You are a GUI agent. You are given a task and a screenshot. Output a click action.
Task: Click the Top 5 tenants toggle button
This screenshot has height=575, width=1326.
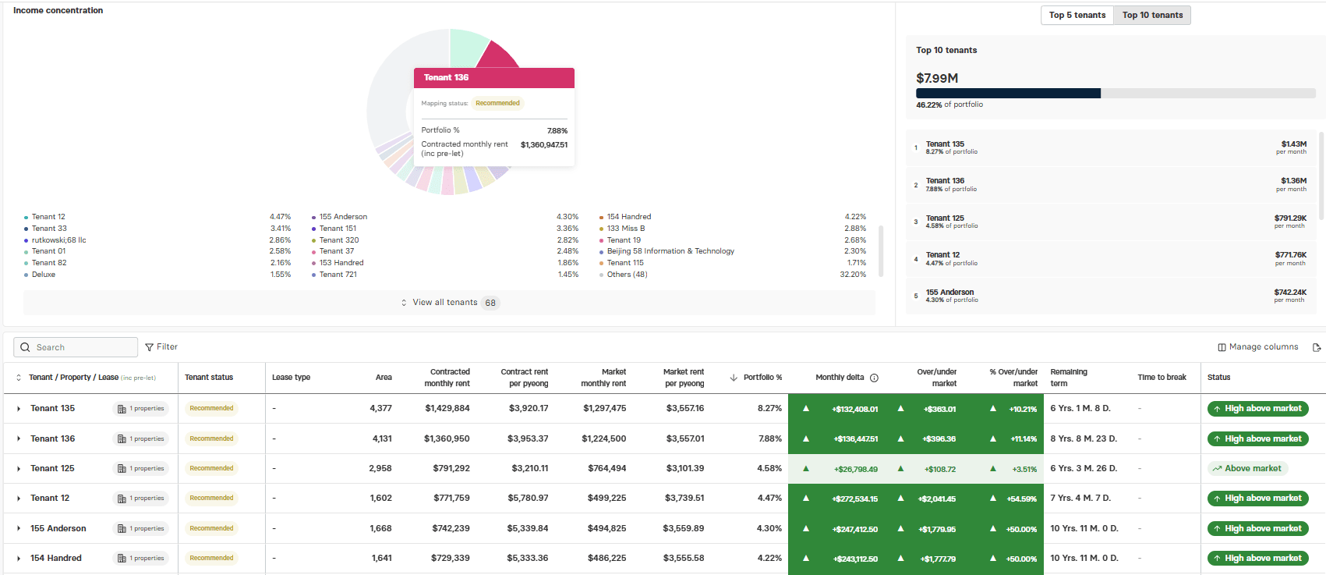click(x=1077, y=16)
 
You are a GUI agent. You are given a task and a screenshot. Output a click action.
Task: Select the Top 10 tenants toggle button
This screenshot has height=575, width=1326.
click(x=1152, y=16)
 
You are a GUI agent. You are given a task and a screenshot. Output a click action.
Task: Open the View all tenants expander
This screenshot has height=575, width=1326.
click(x=449, y=303)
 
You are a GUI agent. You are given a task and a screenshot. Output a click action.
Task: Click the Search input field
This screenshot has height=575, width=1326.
click(x=76, y=348)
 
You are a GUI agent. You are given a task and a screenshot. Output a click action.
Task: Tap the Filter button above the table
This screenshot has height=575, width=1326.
click(x=161, y=347)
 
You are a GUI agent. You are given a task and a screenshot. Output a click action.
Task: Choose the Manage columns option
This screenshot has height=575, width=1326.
click(x=1258, y=347)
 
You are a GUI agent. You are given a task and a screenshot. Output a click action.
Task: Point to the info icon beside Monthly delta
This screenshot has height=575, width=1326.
click(x=874, y=378)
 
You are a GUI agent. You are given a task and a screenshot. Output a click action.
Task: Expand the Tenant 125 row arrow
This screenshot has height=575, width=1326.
click(x=19, y=469)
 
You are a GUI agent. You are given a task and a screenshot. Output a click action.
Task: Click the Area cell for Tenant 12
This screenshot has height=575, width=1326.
click(x=380, y=498)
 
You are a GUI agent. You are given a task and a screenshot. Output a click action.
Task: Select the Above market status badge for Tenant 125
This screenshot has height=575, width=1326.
click(x=1247, y=468)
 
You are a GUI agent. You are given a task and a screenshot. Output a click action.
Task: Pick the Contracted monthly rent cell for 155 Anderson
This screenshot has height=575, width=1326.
click(x=451, y=528)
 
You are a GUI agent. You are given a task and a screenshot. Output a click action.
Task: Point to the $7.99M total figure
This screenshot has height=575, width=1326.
click(x=937, y=78)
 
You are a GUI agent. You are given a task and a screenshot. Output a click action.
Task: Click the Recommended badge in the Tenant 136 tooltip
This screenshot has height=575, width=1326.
click(x=497, y=103)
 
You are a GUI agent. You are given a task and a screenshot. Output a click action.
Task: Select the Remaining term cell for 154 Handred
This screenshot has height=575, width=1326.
click(x=1084, y=558)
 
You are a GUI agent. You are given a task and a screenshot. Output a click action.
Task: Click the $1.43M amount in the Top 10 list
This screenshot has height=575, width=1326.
click(x=1293, y=144)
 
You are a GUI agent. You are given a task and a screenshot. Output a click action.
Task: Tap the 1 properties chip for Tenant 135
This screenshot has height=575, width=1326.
click(x=141, y=409)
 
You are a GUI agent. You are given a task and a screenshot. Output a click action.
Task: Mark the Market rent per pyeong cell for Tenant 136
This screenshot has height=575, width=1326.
click(x=685, y=438)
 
